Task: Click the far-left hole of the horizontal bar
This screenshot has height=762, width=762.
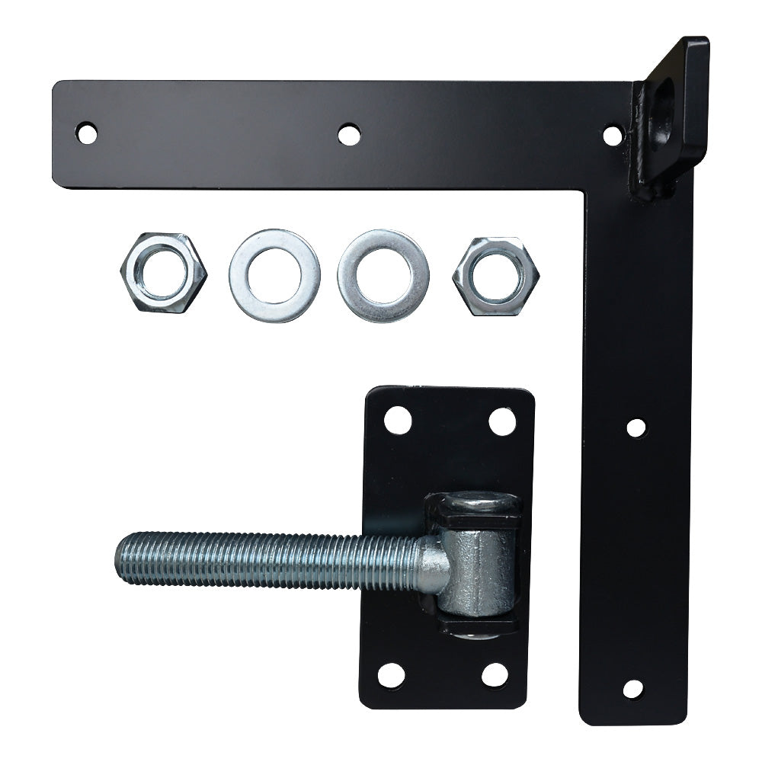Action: point(86,133)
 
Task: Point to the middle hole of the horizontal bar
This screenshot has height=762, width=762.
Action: point(349,135)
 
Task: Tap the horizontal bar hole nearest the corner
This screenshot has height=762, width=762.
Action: point(613,136)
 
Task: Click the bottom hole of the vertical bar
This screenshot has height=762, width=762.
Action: point(632,689)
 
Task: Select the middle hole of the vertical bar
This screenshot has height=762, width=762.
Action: point(636,427)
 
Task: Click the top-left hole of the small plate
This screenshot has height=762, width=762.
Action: point(397,420)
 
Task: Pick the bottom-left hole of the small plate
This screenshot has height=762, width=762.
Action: point(391,675)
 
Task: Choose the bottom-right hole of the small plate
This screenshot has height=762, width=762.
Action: point(495,674)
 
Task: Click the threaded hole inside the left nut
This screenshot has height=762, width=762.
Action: point(163,273)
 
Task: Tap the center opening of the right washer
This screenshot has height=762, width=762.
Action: point(383,276)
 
